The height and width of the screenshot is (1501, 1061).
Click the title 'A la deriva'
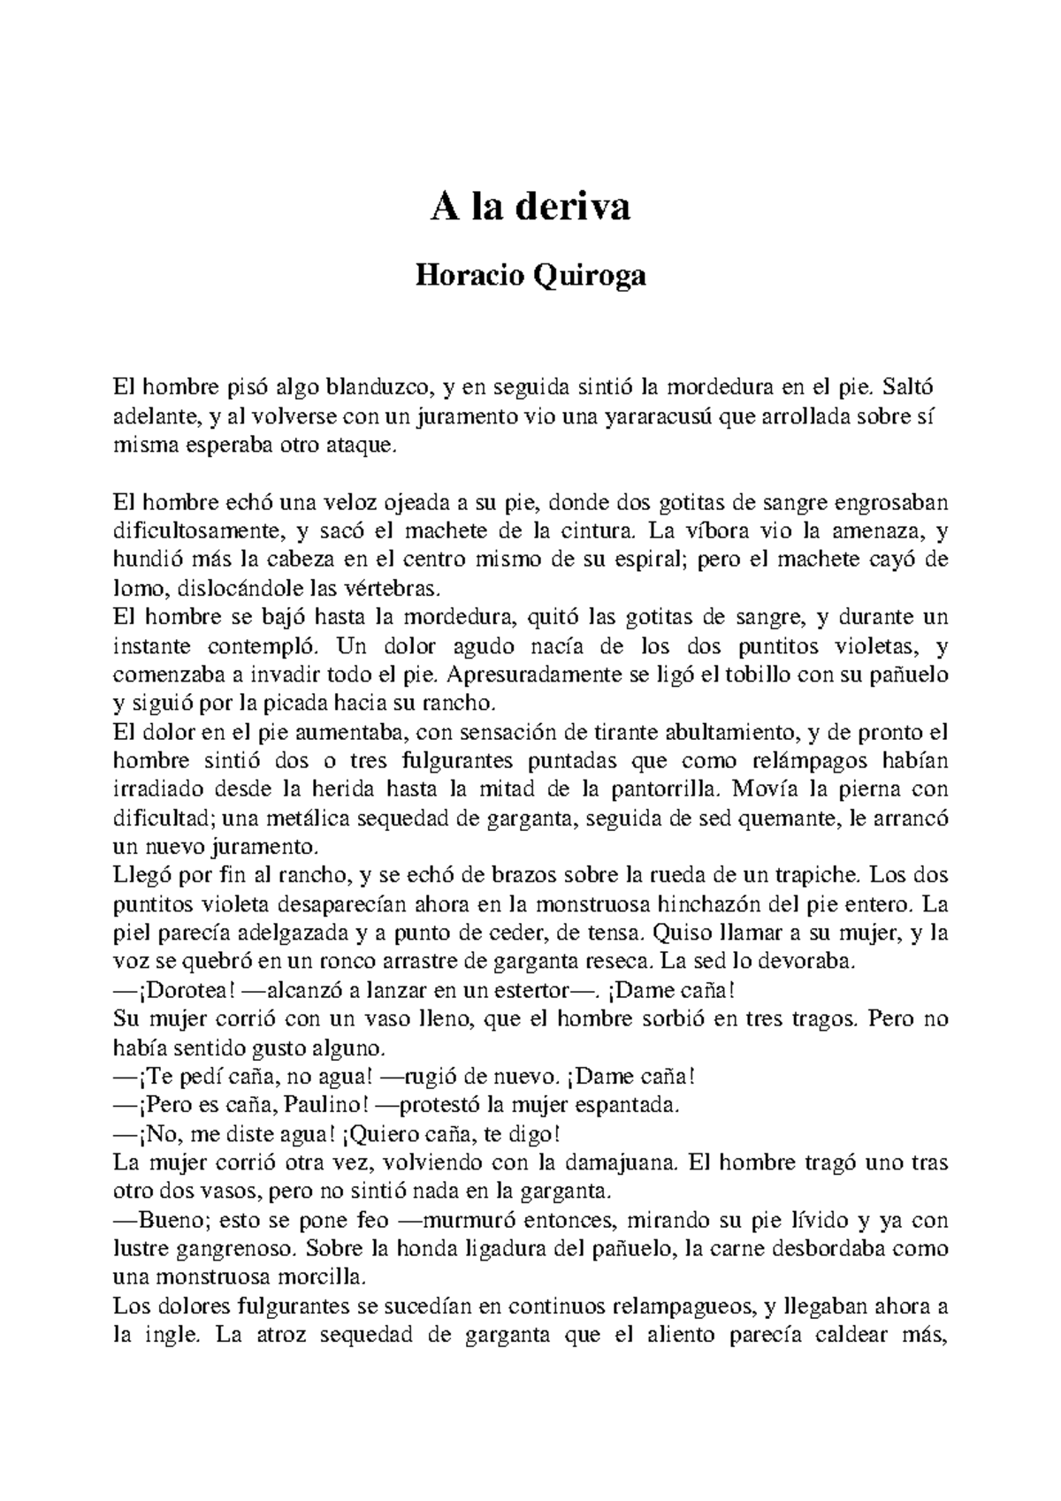pos(530,209)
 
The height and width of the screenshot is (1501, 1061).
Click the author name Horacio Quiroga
pos(530,277)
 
